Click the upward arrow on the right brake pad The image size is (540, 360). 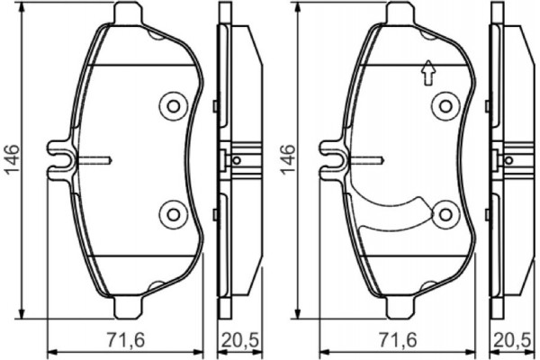428,73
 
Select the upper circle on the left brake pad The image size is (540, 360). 171,105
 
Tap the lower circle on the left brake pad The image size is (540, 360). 171,214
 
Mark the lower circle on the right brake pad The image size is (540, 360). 445,214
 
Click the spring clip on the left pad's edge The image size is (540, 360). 61,160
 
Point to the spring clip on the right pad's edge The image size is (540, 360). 335,160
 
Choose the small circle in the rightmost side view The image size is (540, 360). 513,160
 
